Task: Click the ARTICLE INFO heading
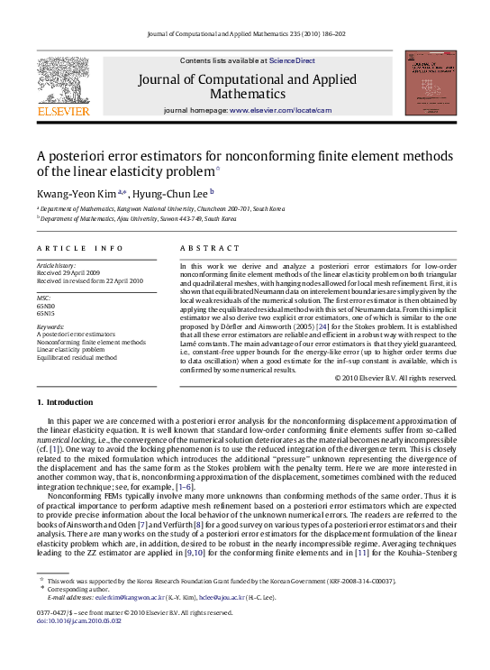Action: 79,248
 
